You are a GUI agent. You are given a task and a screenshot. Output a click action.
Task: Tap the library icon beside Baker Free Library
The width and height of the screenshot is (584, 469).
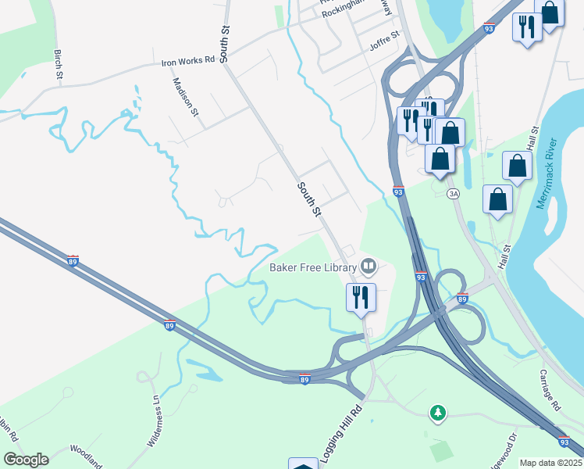[x=369, y=267]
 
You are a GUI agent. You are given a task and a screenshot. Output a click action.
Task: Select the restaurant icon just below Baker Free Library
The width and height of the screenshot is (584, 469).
[x=361, y=298]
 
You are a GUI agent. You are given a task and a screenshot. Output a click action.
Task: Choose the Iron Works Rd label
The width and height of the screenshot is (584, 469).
[x=187, y=60]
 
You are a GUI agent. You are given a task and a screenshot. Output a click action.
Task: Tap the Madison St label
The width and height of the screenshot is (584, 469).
[x=186, y=97]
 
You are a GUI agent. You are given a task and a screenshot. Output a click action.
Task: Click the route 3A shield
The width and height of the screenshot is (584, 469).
[x=453, y=193]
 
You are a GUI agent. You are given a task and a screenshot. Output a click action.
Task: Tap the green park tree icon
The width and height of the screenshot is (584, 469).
[x=438, y=411]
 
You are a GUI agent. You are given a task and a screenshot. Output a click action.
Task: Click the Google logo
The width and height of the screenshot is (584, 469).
[x=26, y=460]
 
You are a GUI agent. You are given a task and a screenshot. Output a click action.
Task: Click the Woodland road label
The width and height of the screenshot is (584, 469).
[x=85, y=456]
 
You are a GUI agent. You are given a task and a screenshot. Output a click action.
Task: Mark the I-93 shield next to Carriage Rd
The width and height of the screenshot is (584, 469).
[x=563, y=442]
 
